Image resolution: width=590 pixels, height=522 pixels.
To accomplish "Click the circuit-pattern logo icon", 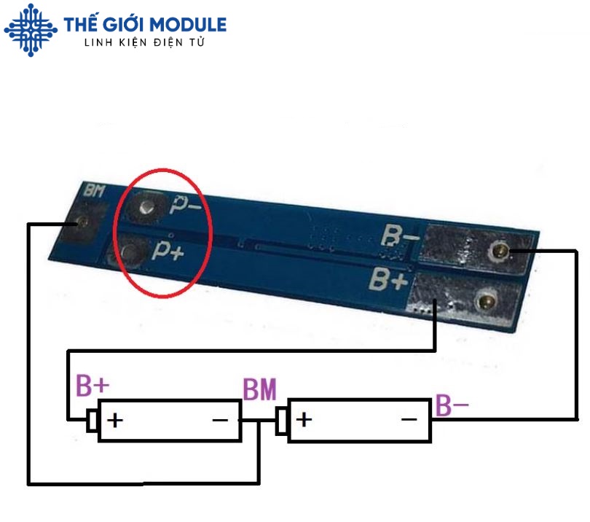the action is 31,30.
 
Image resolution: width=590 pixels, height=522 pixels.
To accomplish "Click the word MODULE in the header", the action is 192,25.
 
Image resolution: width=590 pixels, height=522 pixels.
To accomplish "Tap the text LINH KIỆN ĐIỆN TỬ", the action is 145,43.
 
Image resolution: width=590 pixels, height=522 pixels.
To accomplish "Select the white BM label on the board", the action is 95,192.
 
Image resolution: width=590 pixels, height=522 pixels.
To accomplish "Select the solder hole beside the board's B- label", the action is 499,251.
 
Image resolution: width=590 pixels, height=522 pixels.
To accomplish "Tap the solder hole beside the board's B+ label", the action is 484,299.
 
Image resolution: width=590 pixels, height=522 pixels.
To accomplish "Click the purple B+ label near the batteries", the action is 93,385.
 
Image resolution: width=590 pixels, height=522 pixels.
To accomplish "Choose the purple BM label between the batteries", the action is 259,390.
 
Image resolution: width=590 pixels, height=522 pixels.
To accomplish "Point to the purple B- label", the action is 452,405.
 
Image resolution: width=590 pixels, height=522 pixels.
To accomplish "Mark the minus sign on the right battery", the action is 409,419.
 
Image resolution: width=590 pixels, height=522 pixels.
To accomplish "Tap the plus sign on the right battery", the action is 304,419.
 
